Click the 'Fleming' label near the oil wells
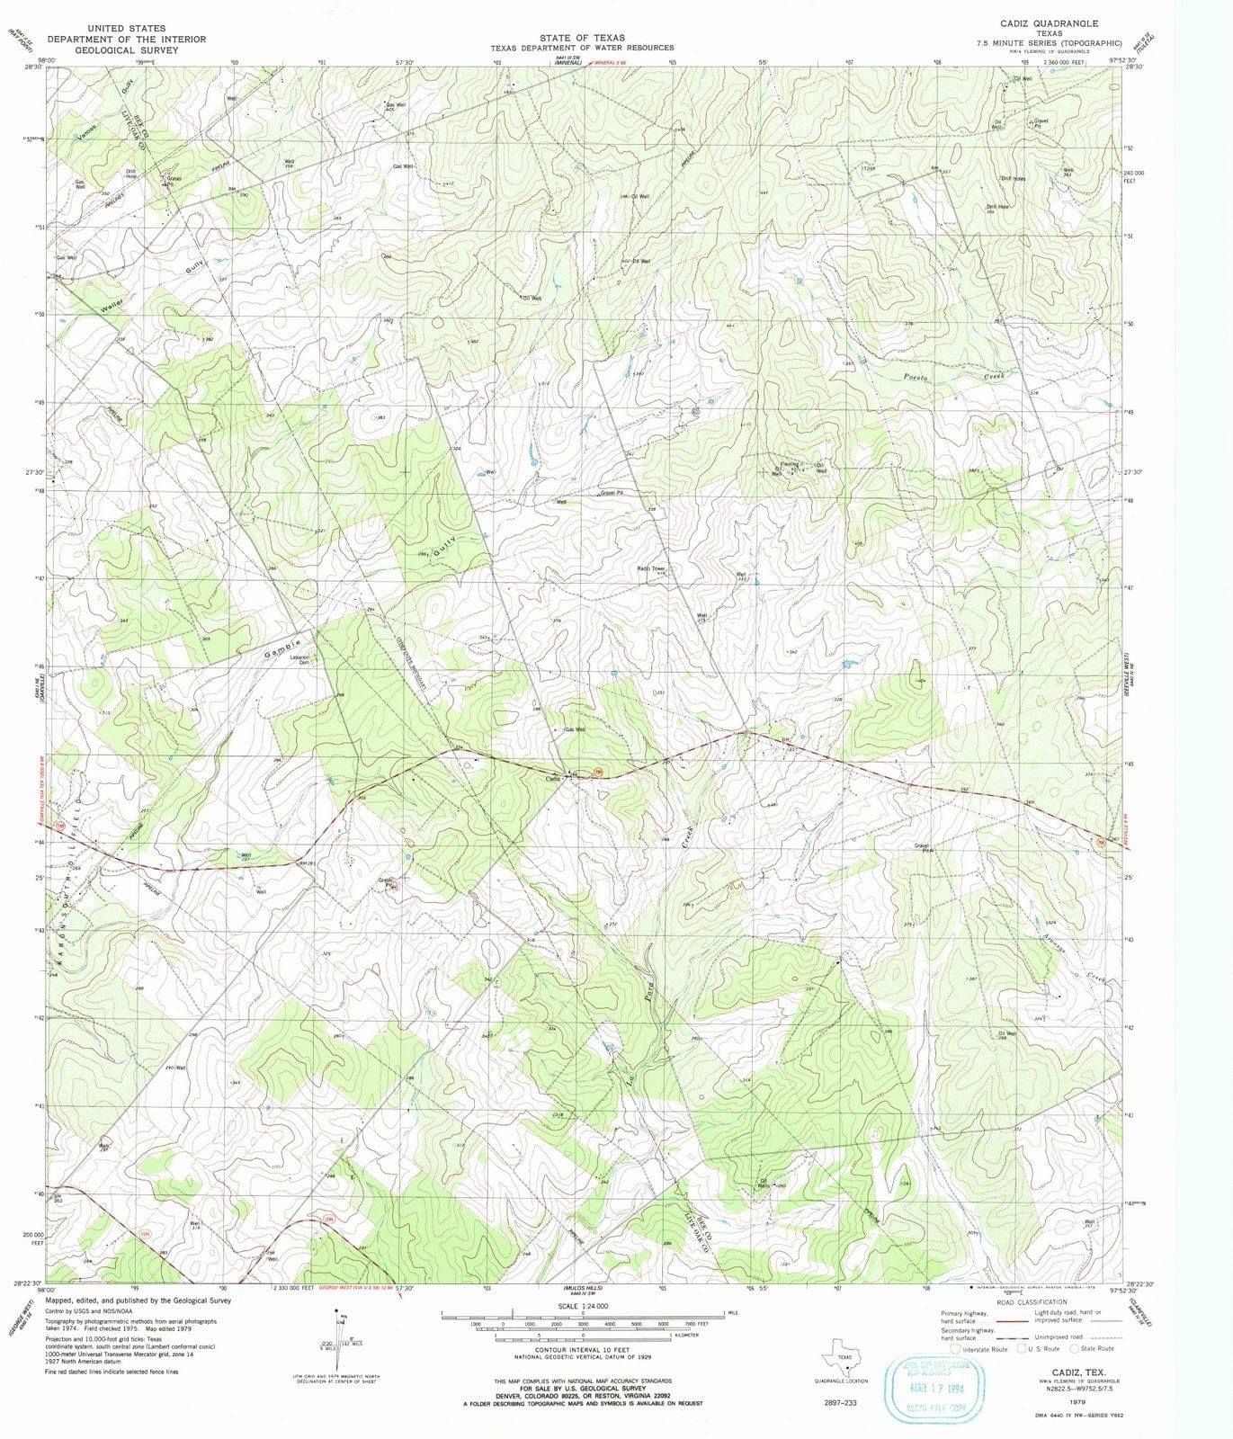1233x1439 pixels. [789, 464]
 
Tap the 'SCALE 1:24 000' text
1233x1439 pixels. [583, 1306]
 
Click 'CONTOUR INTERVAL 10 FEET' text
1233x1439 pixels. [583, 1350]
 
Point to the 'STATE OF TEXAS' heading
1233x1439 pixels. [582, 38]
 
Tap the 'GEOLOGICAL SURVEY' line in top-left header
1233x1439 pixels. [126, 50]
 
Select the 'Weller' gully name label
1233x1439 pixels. [112, 305]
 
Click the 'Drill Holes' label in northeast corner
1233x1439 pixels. [1012, 178]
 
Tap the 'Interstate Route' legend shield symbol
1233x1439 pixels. [955, 1349]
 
